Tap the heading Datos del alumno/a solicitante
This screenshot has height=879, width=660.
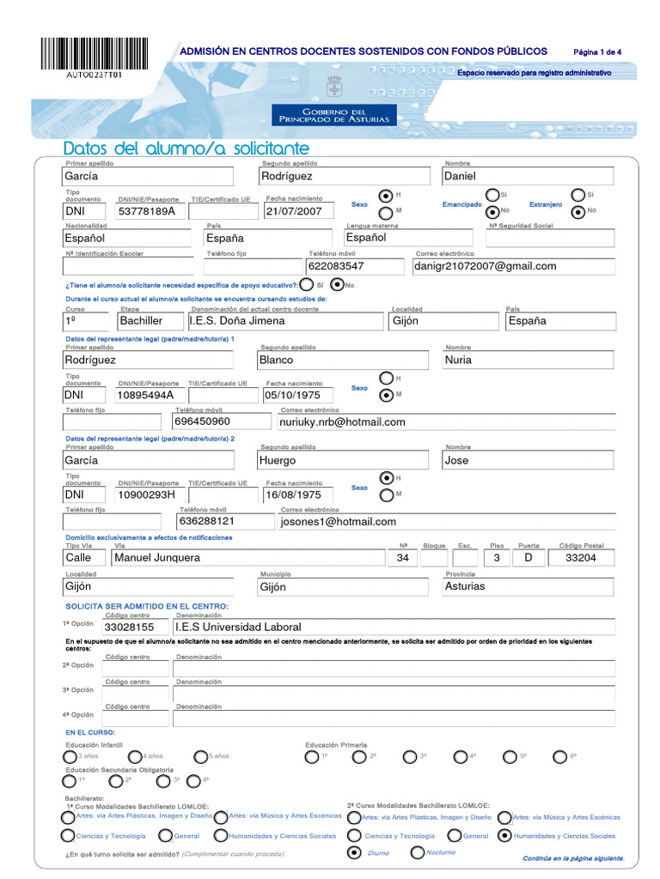[x=186, y=149]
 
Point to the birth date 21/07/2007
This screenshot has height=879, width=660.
[x=294, y=211]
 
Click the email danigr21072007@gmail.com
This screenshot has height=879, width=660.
[x=486, y=266]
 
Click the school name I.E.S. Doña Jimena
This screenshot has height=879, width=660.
[x=237, y=321]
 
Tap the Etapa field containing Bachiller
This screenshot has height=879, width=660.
[x=141, y=321]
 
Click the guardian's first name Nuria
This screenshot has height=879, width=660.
[x=458, y=361]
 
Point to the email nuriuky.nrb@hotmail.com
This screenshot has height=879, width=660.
[x=343, y=422]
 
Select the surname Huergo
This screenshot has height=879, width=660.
[x=278, y=461]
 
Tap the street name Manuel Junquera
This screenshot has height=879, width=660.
[x=158, y=558]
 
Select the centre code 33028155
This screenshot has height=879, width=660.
[x=129, y=627]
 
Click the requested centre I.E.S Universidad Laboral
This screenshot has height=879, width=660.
[x=238, y=627]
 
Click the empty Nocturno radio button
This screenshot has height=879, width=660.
[x=418, y=852]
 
